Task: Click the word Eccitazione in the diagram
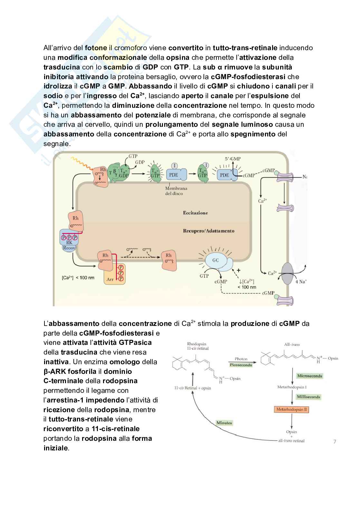[x=195, y=213]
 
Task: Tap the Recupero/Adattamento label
[x=209, y=231]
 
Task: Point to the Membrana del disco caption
[x=176, y=191]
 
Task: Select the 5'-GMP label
[x=233, y=159]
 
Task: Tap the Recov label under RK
[x=69, y=248]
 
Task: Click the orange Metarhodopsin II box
[x=291, y=410]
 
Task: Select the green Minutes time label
[x=224, y=423]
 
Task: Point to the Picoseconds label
[x=241, y=365]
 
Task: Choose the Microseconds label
[x=310, y=376]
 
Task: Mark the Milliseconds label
[x=308, y=397]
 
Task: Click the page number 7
[x=335, y=441]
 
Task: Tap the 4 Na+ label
[x=301, y=282]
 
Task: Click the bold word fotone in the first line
[x=96, y=48]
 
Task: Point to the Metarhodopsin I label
[x=292, y=387]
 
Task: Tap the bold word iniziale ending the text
[x=56, y=448]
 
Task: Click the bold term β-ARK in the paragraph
[x=54, y=372]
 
